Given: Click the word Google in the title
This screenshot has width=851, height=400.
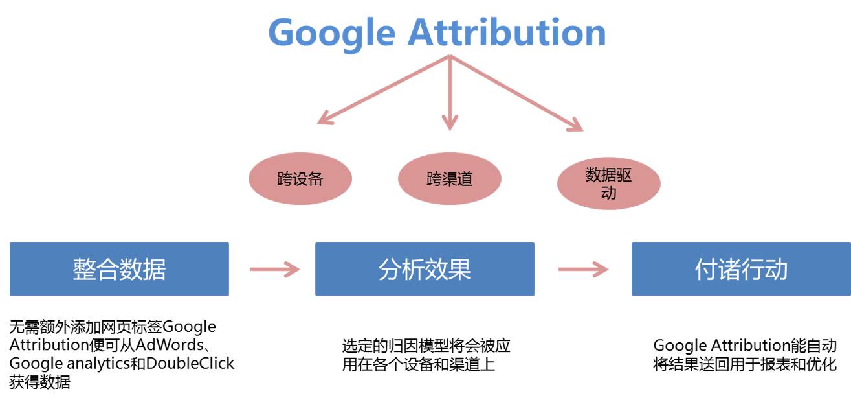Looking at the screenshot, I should [331, 32].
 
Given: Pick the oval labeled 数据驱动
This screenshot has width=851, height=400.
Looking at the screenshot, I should [608, 183].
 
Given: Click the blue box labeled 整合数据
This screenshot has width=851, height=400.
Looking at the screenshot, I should [119, 269].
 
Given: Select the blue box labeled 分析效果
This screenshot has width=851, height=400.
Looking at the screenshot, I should [425, 269].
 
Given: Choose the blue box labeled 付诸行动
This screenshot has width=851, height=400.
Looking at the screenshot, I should [741, 269].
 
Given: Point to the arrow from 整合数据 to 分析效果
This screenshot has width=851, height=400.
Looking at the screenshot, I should [274, 269].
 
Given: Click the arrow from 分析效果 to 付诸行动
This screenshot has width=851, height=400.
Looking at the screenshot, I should [582, 269].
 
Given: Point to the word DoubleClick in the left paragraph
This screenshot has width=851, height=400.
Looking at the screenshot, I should [190, 363].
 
